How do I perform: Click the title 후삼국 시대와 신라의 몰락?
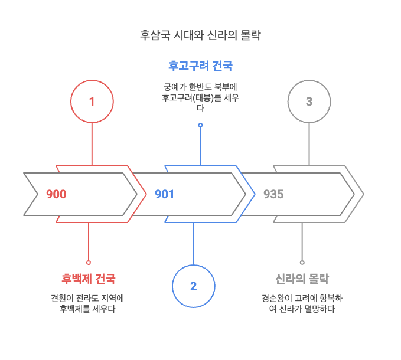pyautogui.click(x=200, y=35)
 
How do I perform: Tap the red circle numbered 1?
pyautogui.click(x=92, y=102)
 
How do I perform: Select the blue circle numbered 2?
pyautogui.click(x=193, y=287)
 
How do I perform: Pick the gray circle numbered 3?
pyautogui.click(x=309, y=102)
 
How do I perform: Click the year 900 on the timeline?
pyautogui.click(x=56, y=194)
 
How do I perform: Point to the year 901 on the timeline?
pyautogui.click(x=164, y=194)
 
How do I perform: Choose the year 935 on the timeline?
pyautogui.click(x=273, y=194)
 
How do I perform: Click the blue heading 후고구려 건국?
pyautogui.click(x=200, y=66)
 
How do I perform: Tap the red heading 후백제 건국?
pyautogui.click(x=89, y=278)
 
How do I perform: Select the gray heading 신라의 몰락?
pyautogui.click(x=302, y=278)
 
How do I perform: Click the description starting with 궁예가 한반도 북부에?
pyautogui.click(x=200, y=97)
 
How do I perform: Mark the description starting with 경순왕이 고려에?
pyautogui.click(x=302, y=303)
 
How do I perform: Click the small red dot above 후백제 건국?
pyautogui.click(x=89, y=262)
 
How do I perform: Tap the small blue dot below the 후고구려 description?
pyautogui.click(x=200, y=125)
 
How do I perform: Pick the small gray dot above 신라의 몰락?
pyautogui.click(x=302, y=262)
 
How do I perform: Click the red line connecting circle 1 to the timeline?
pyautogui.click(x=92, y=143)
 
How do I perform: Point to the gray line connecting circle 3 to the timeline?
pyautogui.click(x=309, y=143)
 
